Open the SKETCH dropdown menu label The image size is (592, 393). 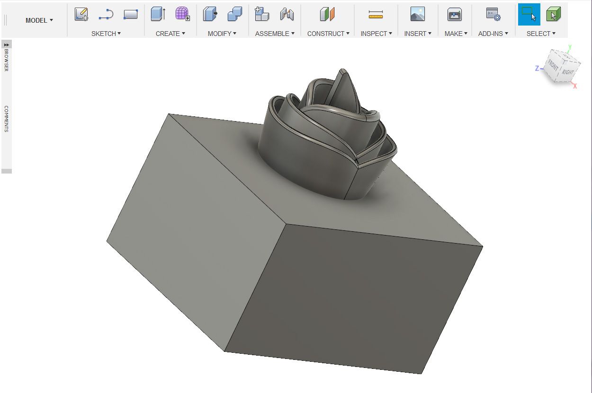(x=106, y=34)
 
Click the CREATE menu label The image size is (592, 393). (x=170, y=34)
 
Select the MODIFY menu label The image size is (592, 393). (x=222, y=34)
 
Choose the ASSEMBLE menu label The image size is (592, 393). (x=275, y=34)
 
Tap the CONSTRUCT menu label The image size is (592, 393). (x=328, y=34)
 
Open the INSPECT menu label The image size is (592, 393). (x=377, y=34)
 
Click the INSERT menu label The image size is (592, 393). (x=418, y=34)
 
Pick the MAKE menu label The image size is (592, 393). (x=456, y=34)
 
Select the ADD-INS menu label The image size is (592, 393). (x=493, y=34)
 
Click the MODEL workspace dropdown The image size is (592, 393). (x=39, y=20)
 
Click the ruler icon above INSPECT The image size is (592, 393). (x=376, y=15)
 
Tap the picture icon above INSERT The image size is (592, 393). (x=417, y=14)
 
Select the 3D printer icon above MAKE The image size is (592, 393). (x=455, y=14)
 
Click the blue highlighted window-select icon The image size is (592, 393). (x=529, y=14)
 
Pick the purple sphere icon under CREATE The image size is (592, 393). (x=182, y=14)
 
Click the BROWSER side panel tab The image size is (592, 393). (x=7, y=60)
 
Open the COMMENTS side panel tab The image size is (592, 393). (x=7, y=119)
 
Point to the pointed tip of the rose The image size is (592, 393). (x=343, y=70)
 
